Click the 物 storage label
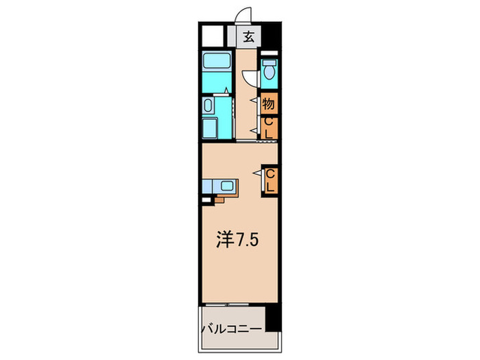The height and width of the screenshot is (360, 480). (269, 104)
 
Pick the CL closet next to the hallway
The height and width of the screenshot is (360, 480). (269, 128)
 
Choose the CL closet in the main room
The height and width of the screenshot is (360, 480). (270, 180)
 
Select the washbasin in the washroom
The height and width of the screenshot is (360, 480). (208, 106)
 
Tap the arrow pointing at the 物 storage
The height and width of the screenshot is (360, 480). (256, 104)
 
